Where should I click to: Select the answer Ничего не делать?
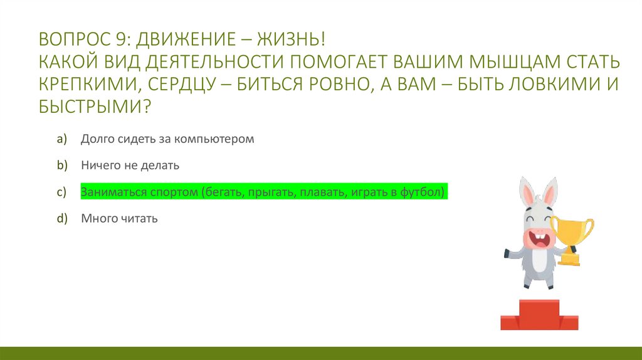pyautogui.click(x=130, y=166)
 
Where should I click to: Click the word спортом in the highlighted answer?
pyautogui.click(x=174, y=192)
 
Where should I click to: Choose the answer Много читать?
pyautogui.click(x=119, y=219)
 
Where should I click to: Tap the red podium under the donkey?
pyautogui.click(x=530, y=315)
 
